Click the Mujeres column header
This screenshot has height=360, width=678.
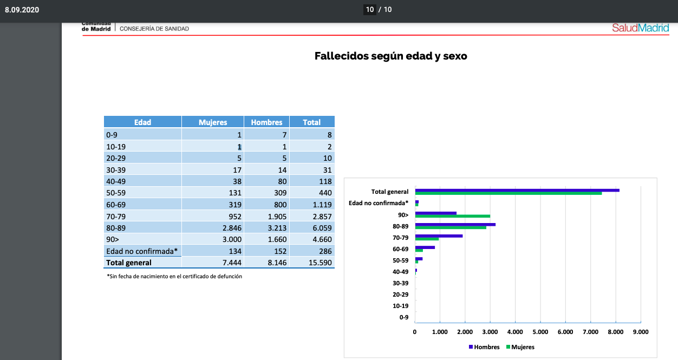click(x=213, y=122)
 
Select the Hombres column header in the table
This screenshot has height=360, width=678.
click(x=266, y=122)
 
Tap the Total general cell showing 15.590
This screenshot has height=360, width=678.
click(x=320, y=263)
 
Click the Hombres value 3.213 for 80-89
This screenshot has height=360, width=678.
click(x=277, y=228)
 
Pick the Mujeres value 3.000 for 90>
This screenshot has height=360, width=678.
click(x=232, y=239)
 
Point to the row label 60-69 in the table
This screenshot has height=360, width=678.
click(x=116, y=205)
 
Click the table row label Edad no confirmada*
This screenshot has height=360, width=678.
click(x=142, y=251)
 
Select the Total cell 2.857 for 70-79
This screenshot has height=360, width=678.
click(x=322, y=217)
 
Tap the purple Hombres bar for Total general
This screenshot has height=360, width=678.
click(x=517, y=191)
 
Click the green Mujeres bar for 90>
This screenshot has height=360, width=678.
click(x=453, y=217)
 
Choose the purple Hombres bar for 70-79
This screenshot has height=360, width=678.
click(x=439, y=236)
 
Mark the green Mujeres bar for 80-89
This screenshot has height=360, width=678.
click(x=451, y=227)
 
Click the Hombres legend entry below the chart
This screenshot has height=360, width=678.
click(x=484, y=347)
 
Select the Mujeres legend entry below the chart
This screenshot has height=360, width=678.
click(x=520, y=347)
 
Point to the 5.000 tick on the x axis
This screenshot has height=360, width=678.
click(x=540, y=332)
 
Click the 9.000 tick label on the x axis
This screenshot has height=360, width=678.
click(x=641, y=332)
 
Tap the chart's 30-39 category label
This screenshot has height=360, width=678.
click(x=400, y=283)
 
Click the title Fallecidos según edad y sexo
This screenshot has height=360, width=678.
click(x=391, y=56)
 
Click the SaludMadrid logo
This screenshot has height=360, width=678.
click(x=641, y=28)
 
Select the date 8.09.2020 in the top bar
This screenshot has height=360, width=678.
click(x=22, y=10)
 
